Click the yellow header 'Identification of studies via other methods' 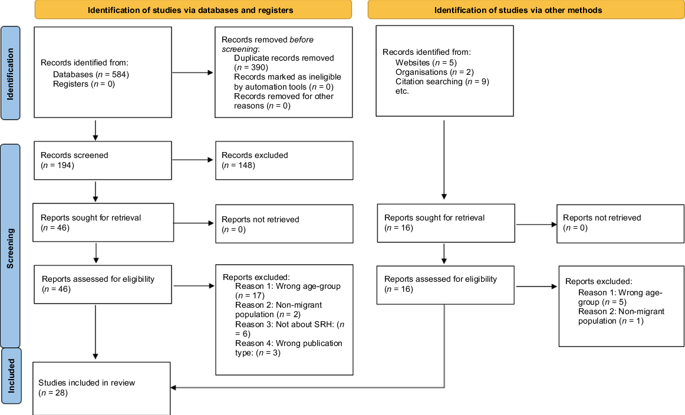(526, 9)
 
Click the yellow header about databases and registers (193, 9)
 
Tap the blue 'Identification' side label (11, 73)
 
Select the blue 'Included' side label (11, 376)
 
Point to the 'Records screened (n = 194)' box (103, 160)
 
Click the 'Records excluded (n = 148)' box (284, 160)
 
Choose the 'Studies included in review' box (101, 388)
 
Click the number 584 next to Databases (119, 75)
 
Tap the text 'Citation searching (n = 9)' (442, 82)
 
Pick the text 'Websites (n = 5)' (426, 63)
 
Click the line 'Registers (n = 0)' (84, 84)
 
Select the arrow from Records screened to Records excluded (193, 160)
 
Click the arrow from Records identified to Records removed (193, 73)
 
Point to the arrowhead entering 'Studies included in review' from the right (173, 387)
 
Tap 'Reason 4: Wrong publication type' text (289, 348)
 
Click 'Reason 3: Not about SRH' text (289, 329)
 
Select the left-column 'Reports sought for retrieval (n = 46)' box (103, 222)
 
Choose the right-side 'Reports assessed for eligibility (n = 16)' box (446, 285)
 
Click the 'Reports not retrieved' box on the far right (620, 223)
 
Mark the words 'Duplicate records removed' (284, 58)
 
